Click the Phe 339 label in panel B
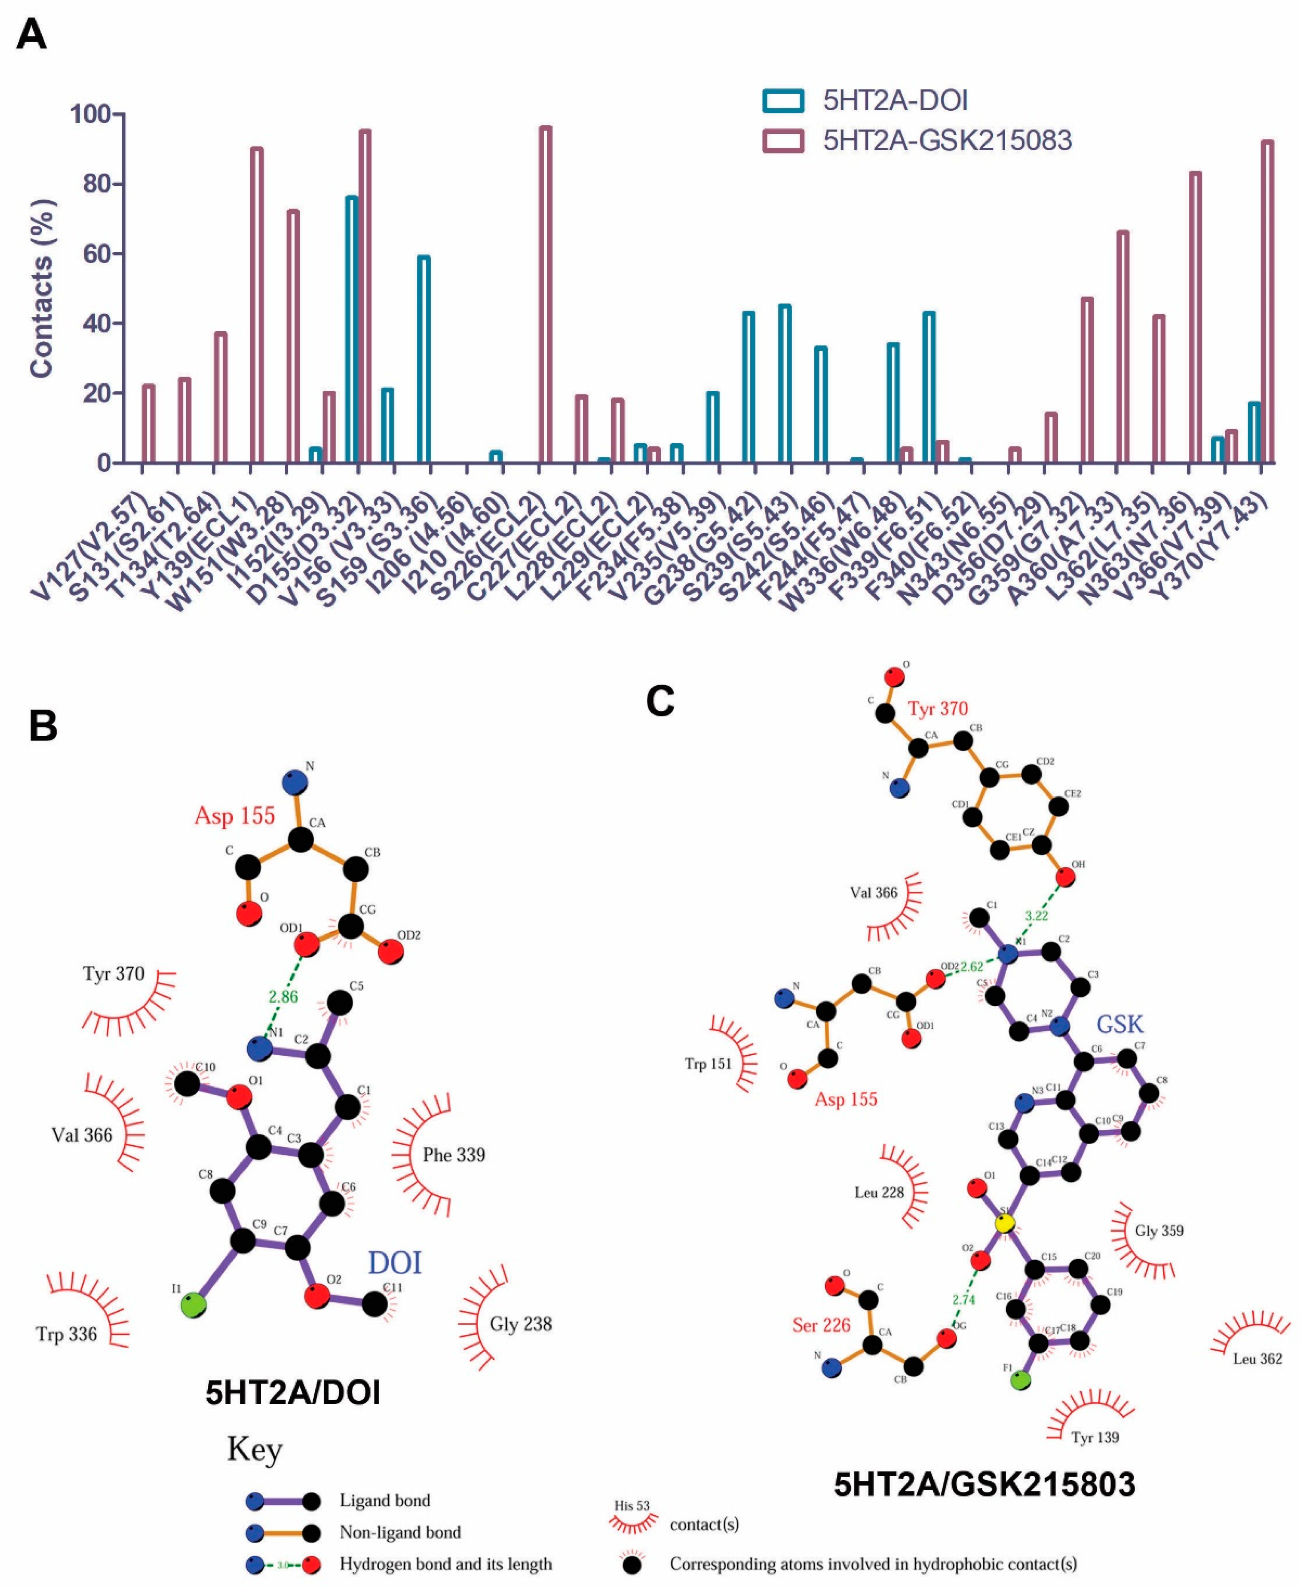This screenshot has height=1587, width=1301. (x=454, y=1154)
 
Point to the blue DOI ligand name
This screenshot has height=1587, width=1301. (x=394, y=1263)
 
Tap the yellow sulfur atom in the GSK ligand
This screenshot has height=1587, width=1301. (x=1005, y=1223)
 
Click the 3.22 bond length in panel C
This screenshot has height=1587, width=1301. (x=1037, y=915)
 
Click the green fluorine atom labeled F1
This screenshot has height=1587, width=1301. (x=1021, y=1380)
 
